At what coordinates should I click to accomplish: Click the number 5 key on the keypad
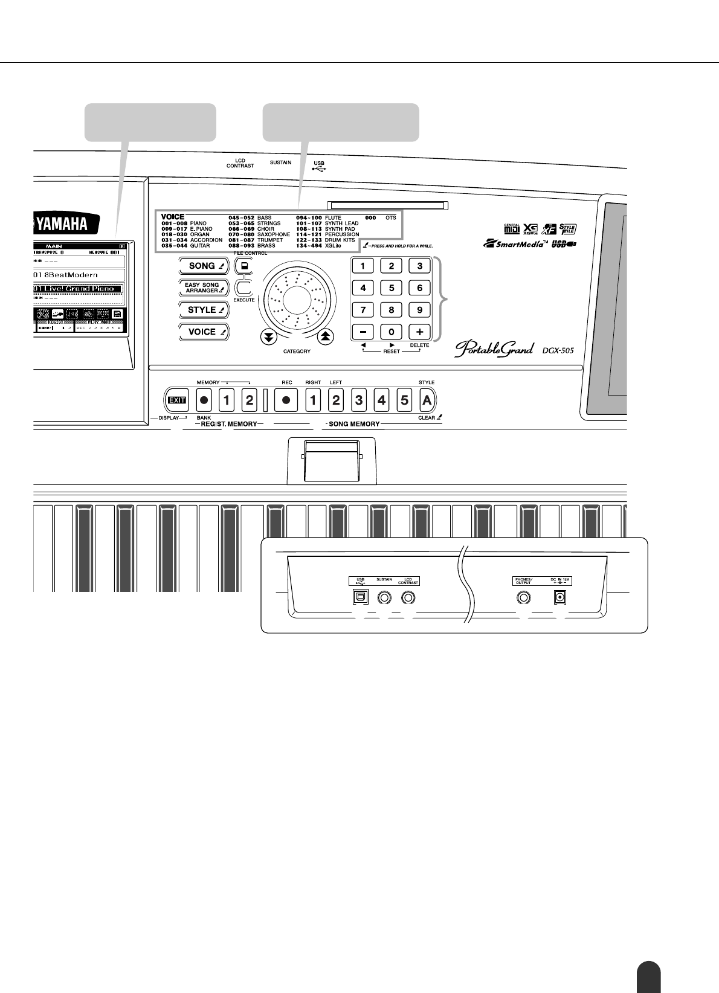[391, 288]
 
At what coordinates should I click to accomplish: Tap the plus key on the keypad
[419, 332]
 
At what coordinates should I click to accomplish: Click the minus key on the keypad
[363, 332]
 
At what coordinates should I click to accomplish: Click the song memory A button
[427, 400]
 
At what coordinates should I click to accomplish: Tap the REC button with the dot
[286, 400]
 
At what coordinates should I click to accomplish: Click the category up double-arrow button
[325, 337]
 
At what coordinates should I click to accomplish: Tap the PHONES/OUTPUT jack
[523, 597]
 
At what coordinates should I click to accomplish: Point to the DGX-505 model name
[558, 349]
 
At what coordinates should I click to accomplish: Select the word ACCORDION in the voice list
[206, 240]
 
